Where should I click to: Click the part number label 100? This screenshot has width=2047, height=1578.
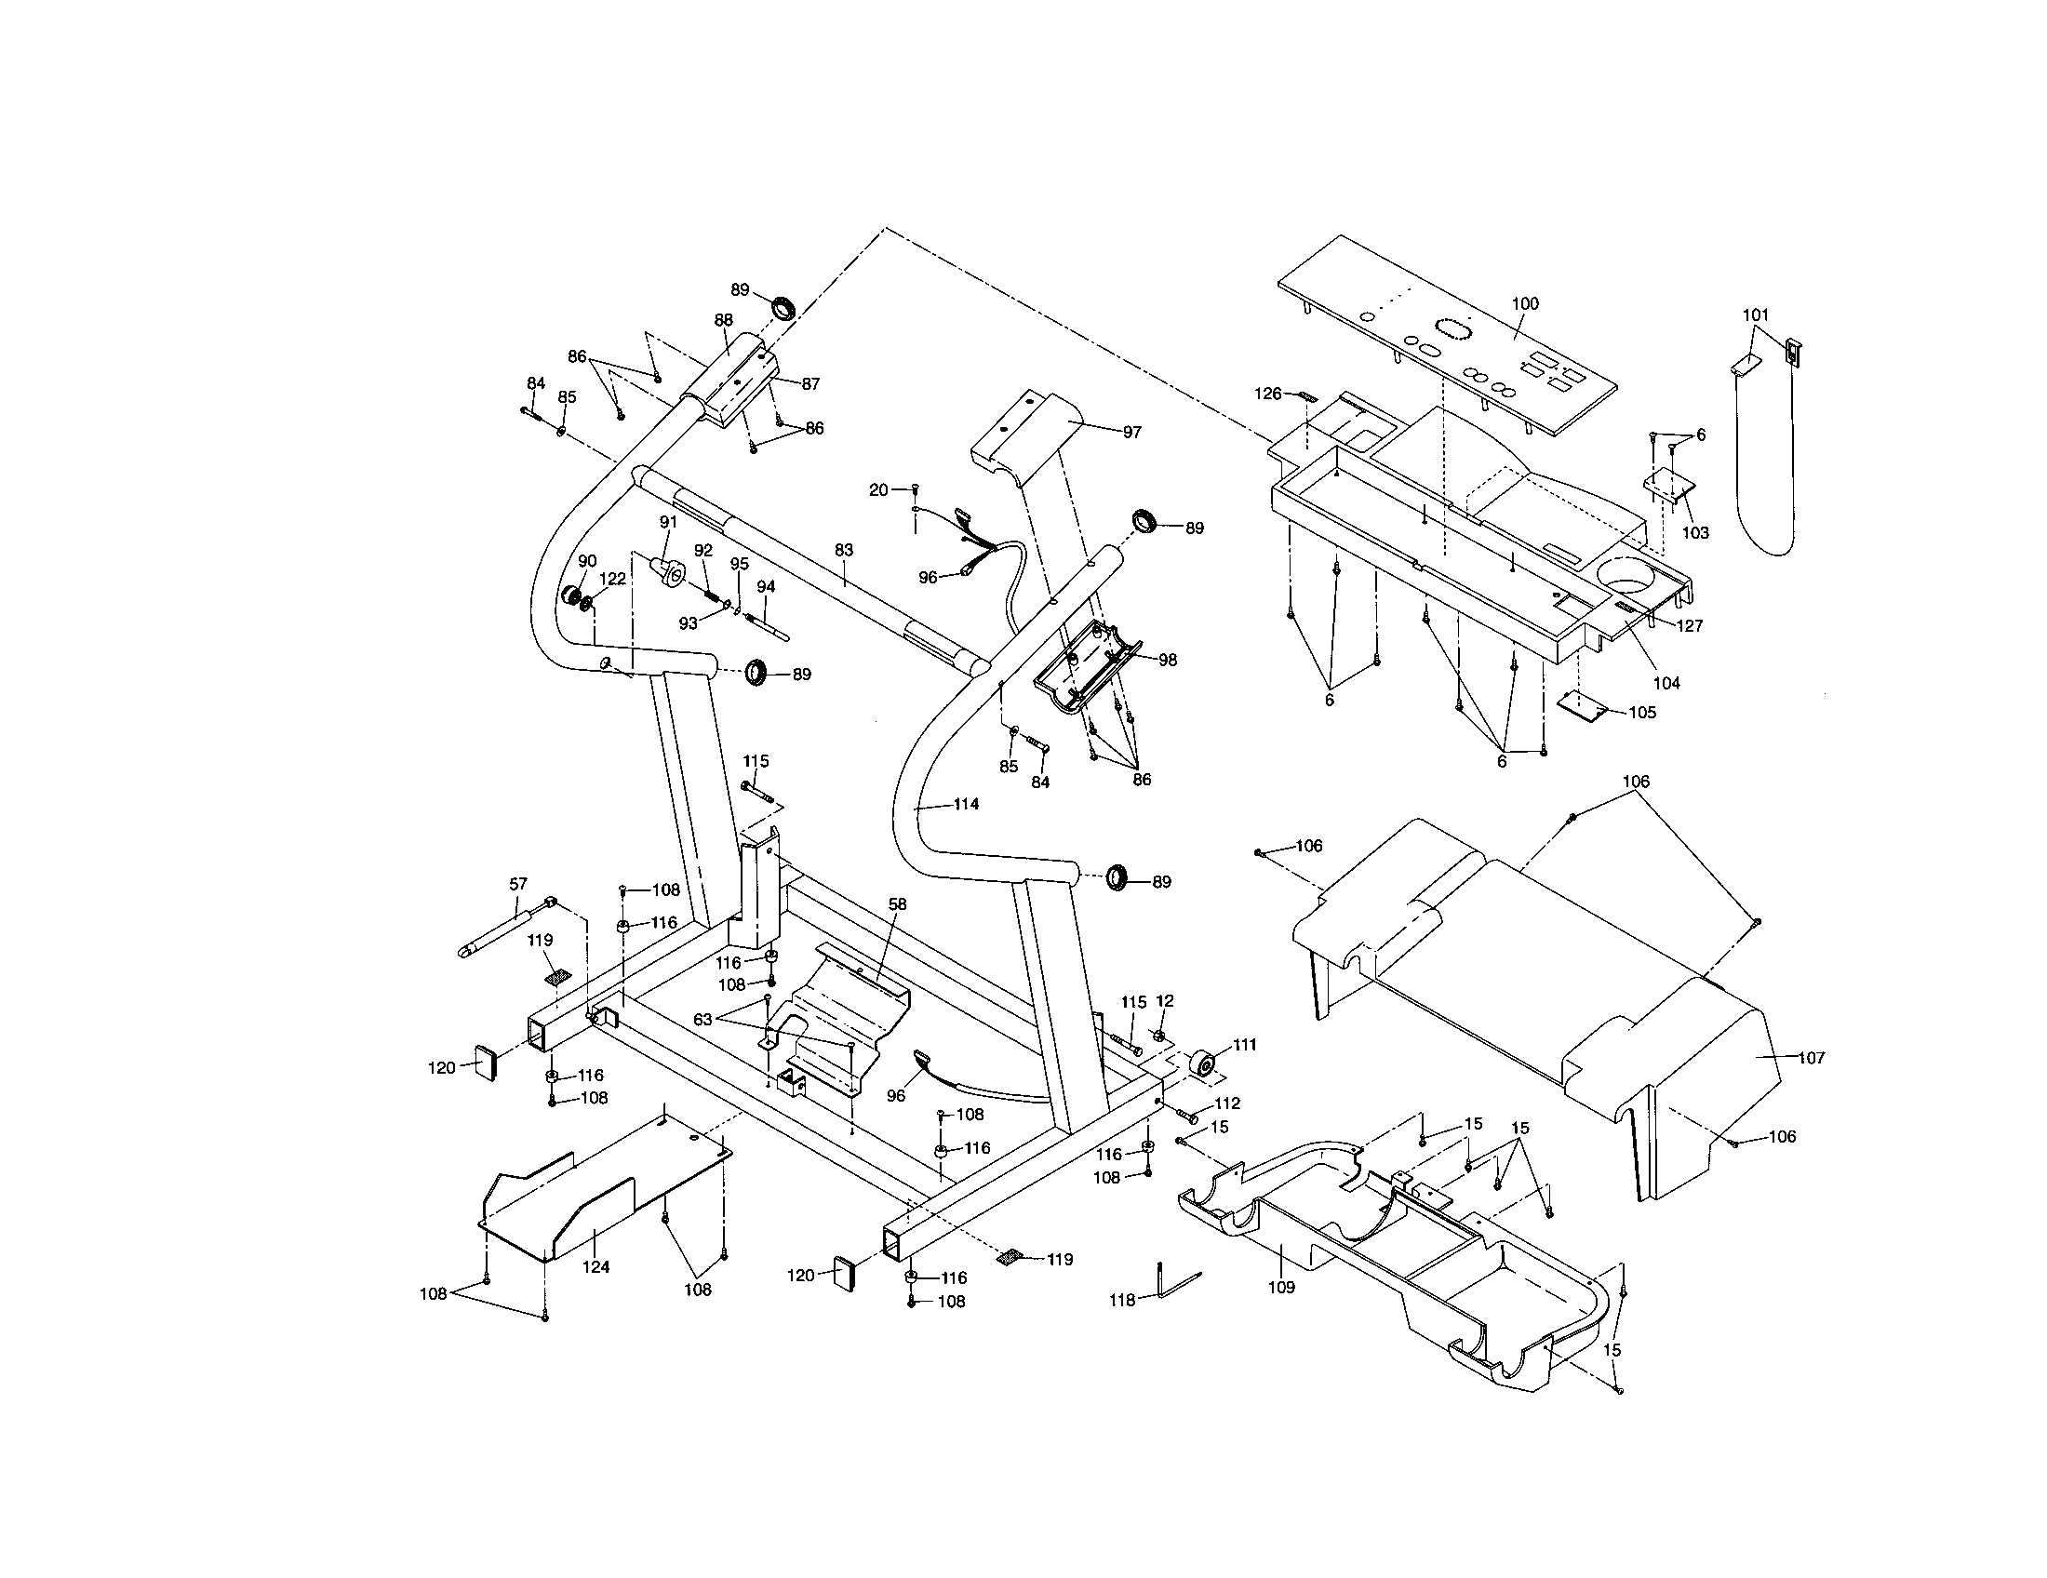1525,303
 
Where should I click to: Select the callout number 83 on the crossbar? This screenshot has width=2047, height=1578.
844,551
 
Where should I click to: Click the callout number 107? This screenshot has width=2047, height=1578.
1812,1058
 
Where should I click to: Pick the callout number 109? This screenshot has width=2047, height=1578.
1280,1288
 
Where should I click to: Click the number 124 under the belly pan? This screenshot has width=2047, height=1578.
596,1267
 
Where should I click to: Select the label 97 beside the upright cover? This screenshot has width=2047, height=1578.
1132,432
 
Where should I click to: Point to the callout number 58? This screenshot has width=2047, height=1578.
897,904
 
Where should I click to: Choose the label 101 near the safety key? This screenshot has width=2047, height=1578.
1756,315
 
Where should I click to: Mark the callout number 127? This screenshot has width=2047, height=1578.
1690,626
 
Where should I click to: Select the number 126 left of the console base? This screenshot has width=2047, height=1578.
1267,394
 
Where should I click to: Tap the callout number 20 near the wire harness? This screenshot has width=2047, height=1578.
878,490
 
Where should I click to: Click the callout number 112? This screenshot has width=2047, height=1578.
1227,1103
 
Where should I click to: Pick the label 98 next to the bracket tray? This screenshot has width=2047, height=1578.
1167,660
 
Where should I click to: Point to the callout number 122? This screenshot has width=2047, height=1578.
612,579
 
